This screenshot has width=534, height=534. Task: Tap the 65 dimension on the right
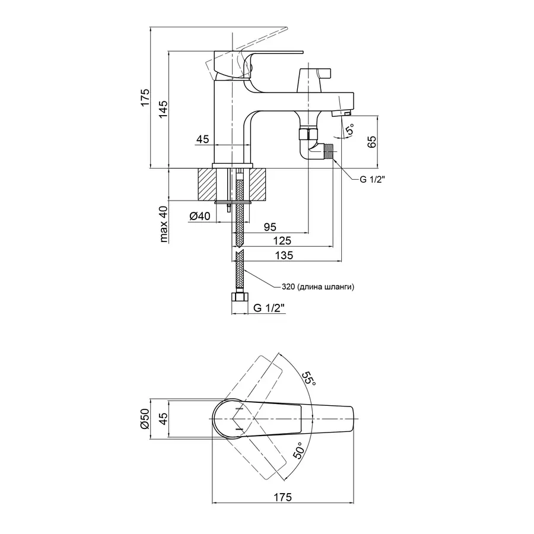tap(372, 142)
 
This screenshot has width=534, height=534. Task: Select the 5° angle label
tap(350, 129)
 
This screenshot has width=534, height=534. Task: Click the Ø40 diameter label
tap(201, 217)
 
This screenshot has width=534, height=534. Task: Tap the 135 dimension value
tap(286, 255)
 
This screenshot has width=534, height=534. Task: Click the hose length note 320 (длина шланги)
tap(318, 287)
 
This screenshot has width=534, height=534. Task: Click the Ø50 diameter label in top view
tap(144, 419)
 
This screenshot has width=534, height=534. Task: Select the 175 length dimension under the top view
tap(283, 497)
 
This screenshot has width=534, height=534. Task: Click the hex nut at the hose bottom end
tap(239, 297)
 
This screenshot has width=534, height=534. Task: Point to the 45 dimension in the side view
tap(202, 139)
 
